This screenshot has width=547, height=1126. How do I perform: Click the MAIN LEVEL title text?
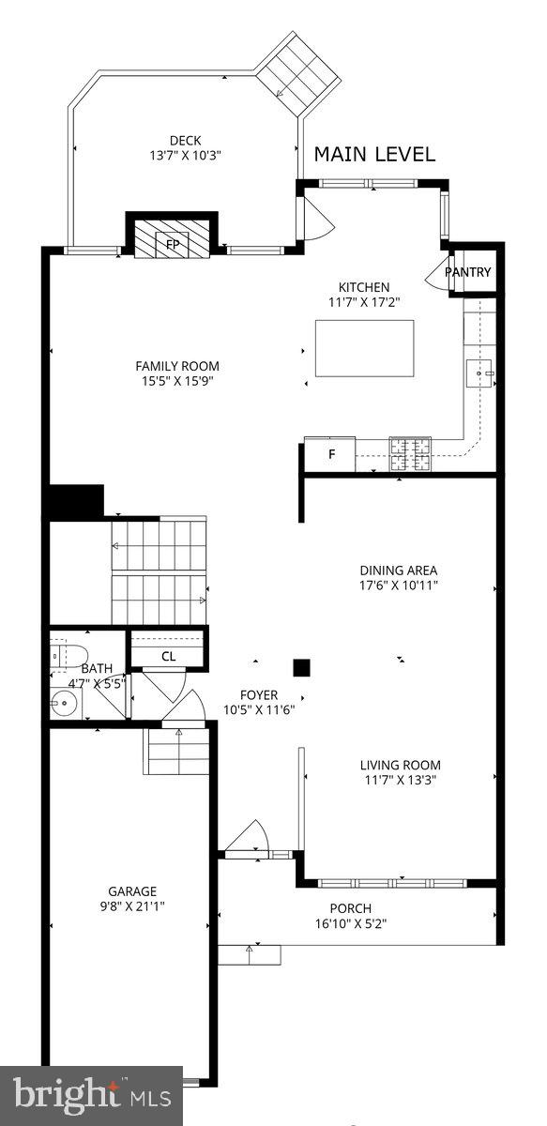coord(374,155)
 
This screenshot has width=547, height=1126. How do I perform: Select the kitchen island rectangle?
coord(364,347)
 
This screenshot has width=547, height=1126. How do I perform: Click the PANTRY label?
coord(467,272)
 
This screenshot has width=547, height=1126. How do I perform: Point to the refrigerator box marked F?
coord(330,455)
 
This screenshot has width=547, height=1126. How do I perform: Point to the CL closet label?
coord(168,656)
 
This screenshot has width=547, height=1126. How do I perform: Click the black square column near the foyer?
coord(301,667)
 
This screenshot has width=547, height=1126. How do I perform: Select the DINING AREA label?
coord(399,570)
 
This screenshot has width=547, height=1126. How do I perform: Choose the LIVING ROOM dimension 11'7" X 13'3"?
coord(402,779)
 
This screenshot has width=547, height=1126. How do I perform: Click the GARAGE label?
coord(131,890)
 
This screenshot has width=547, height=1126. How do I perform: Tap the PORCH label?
coord(350,907)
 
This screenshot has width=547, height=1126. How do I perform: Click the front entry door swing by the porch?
coord(251,837)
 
